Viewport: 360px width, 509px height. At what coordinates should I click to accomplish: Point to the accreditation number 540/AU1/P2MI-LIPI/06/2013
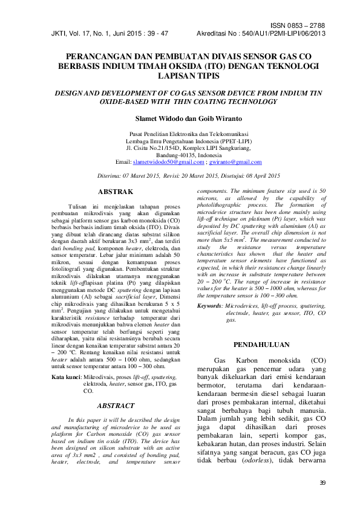[281, 34]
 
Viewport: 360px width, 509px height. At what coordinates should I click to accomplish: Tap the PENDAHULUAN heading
[262, 345]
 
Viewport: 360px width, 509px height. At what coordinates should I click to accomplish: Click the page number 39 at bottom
[322, 482]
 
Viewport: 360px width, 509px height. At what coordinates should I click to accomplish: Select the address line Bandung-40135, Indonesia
[180, 155]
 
